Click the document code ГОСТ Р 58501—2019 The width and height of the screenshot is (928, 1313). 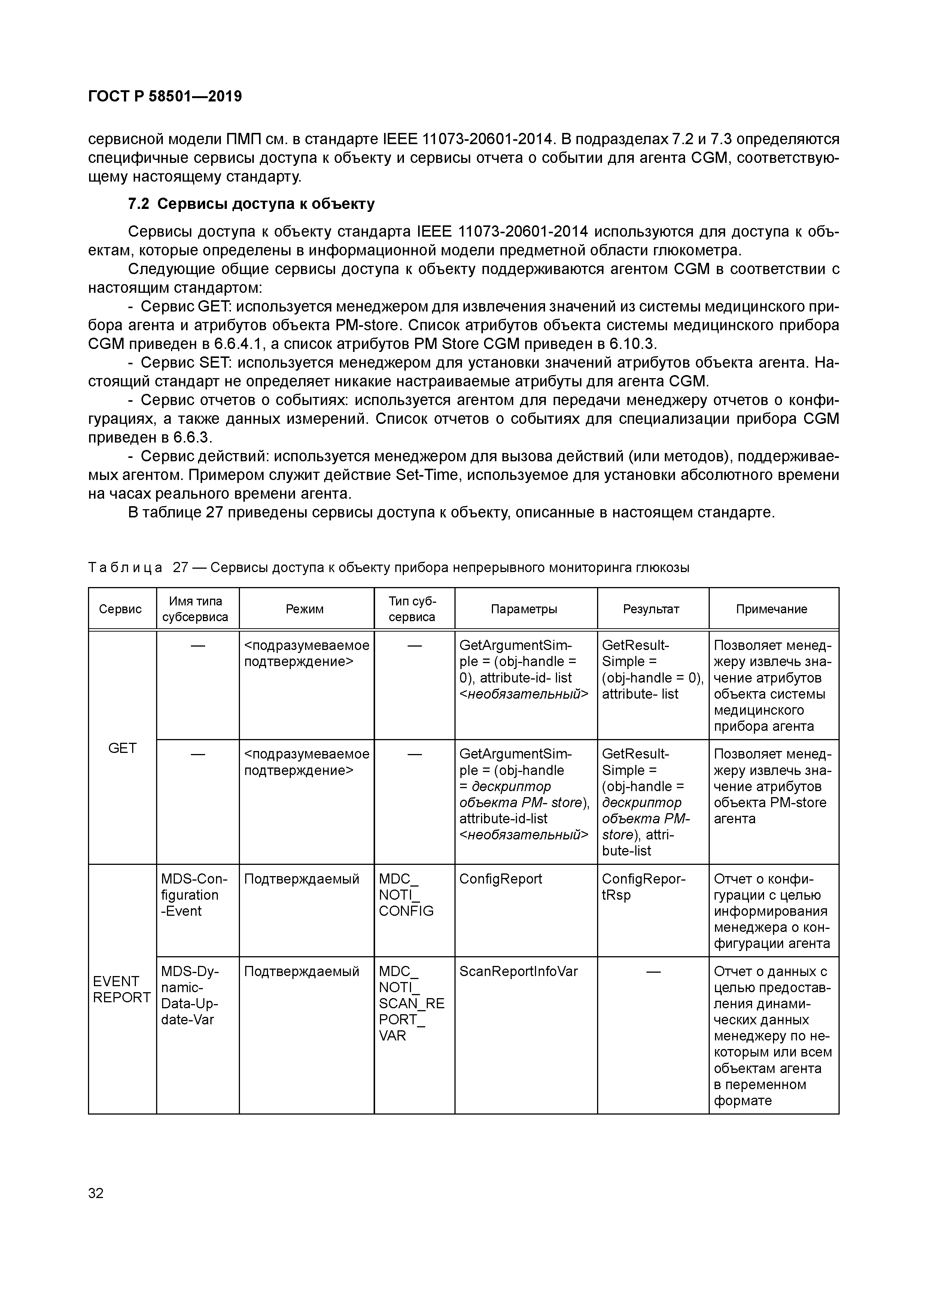(x=165, y=97)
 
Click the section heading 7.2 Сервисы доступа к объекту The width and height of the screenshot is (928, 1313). (x=251, y=204)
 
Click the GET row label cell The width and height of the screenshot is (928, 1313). (x=122, y=748)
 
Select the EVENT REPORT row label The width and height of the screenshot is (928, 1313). (x=121, y=989)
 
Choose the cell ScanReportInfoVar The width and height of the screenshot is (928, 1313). (x=518, y=972)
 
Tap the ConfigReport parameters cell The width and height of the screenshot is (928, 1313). (x=500, y=879)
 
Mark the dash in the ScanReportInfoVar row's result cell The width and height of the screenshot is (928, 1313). (x=653, y=972)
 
